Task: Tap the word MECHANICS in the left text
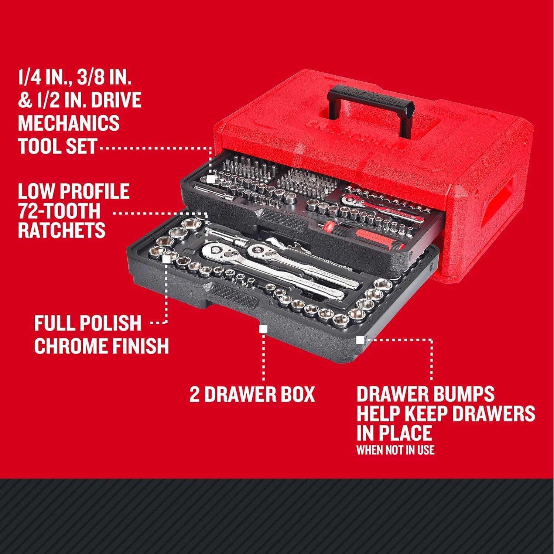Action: coord(69,123)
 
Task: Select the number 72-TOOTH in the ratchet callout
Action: coord(59,211)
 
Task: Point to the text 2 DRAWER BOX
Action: coord(252,394)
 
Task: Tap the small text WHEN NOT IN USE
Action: coord(395,450)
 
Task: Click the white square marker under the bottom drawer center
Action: coord(263,329)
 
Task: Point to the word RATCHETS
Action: coord(62,230)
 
